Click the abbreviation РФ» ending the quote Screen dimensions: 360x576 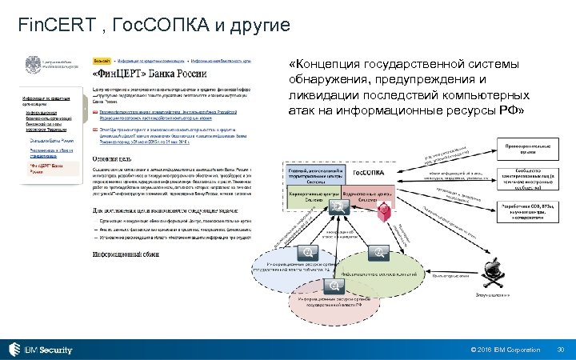point(509,110)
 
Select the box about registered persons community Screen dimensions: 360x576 point(523,183)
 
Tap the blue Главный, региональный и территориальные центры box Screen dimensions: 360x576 point(314,174)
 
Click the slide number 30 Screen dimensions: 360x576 point(560,350)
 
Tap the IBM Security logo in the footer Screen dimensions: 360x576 point(42,350)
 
